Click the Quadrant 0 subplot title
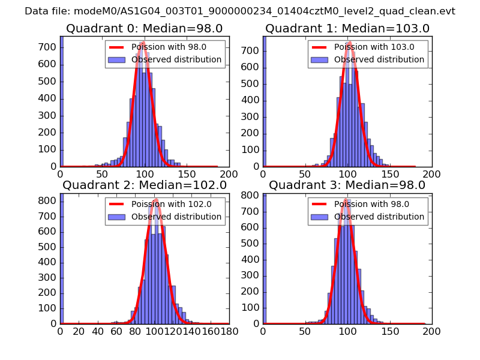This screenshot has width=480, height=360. point(144,28)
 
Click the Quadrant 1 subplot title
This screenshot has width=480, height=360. point(347,28)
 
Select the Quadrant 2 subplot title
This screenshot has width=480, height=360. point(144,185)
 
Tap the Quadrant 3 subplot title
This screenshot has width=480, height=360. point(347,185)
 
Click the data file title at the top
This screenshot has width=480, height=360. point(240,11)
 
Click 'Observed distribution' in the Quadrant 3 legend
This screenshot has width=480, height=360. point(379,217)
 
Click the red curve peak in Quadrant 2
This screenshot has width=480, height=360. point(155,200)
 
